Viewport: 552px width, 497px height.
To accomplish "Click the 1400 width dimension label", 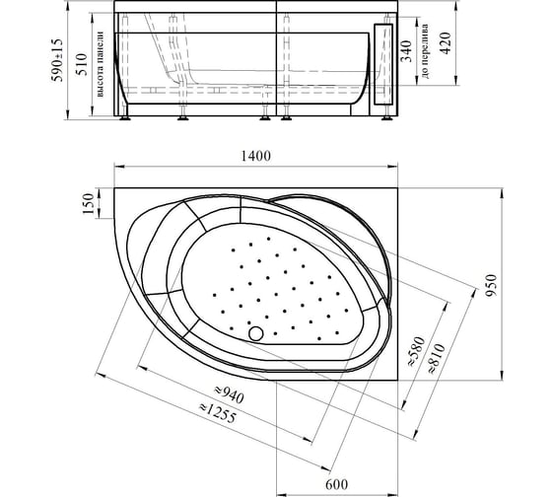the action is pyautogui.click(x=256, y=156).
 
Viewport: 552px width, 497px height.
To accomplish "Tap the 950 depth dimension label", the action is pyautogui.click(x=491, y=285).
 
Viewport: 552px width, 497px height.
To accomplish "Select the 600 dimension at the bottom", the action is pyautogui.click(x=336, y=484).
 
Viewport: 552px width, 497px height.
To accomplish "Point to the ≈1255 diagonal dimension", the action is pyautogui.click(x=218, y=413).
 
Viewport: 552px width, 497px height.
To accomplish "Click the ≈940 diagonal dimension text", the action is pyautogui.click(x=229, y=393).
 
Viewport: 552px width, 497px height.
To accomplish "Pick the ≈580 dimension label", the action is pyautogui.click(x=417, y=351).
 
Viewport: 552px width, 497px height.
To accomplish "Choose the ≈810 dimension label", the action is pyautogui.click(x=437, y=358).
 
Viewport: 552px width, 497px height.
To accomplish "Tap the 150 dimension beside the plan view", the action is pyautogui.click(x=88, y=203).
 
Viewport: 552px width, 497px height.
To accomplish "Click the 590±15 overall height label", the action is pyautogui.click(x=57, y=60).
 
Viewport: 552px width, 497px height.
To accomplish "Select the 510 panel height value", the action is pyautogui.click(x=82, y=64).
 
